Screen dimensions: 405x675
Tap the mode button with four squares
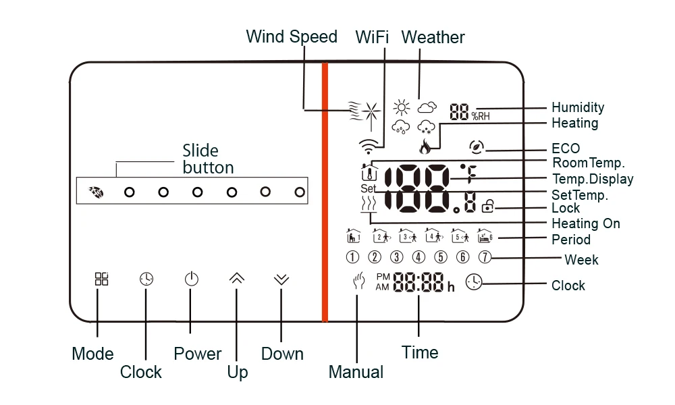pos(101,279)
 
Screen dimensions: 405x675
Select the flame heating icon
pos(425,146)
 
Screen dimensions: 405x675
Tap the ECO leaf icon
pos(478,146)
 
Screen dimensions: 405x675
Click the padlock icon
pos(487,208)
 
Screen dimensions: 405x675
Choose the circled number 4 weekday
pos(418,256)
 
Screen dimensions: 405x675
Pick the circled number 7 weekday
pos(485,256)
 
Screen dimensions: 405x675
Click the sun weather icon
pos(402,108)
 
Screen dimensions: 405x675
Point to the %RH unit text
pos(481,114)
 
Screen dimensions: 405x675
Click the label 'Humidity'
pos(578,107)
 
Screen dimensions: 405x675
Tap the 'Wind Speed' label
pos(292,36)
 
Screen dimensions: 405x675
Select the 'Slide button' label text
pos(208,159)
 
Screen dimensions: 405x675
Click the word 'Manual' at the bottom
pos(356,372)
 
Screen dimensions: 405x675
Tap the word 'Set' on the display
pos(367,189)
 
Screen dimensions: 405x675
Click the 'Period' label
pos(570,240)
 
